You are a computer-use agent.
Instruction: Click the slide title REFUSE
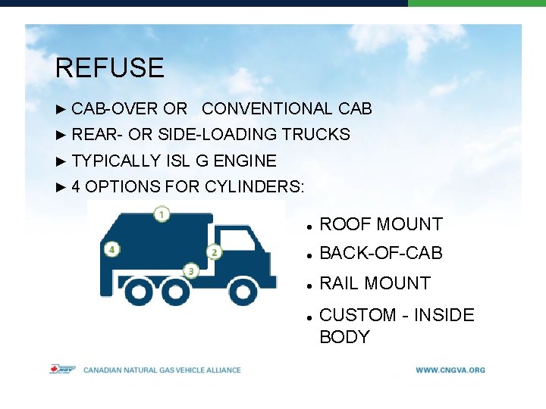(x=109, y=68)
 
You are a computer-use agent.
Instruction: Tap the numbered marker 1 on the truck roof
(x=162, y=214)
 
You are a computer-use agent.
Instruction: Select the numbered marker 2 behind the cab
(x=214, y=252)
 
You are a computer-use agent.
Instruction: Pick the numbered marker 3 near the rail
(x=191, y=270)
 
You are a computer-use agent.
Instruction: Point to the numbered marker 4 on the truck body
(x=111, y=249)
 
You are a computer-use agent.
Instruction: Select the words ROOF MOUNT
(x=381, y=224)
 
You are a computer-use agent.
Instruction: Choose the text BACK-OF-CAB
(x=381, y=253)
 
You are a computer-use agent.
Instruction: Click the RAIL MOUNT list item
(x=375, y=283)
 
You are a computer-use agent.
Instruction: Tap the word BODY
(x=344, y=337)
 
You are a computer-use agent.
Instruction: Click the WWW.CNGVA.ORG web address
(x=450, y=370)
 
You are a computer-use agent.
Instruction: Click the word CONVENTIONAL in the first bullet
(x=267, y=109)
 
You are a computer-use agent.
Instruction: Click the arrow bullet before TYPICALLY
(x=62, y=161)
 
